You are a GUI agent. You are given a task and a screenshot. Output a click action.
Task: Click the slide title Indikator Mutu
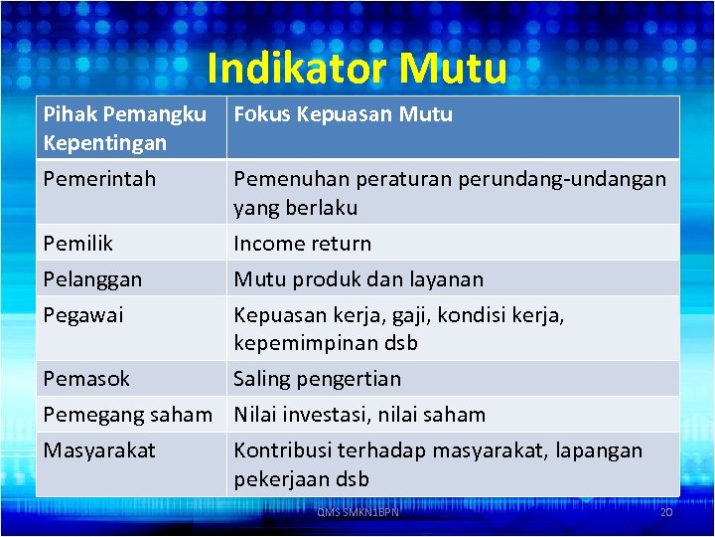tap(357, 69)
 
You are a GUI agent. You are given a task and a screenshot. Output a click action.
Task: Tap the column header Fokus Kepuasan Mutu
tap(343, 114)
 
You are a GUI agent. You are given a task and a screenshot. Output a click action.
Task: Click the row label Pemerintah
tap(99, 180)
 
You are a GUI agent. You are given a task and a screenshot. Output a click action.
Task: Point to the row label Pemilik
tap(78, 244)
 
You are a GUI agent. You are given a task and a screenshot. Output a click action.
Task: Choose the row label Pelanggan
tap(92, 279)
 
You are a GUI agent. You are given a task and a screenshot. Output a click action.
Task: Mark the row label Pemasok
tap(86, 379)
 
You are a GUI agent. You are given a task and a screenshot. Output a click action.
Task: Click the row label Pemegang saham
tap(128, 415)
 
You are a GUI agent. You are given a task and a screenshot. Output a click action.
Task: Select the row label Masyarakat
tap(99, 450)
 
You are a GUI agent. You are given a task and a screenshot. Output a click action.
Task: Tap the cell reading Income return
tap(302, 244)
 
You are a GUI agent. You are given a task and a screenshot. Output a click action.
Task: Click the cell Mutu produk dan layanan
tap(358, 279)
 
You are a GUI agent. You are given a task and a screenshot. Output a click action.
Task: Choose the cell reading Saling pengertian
tap(317, 379)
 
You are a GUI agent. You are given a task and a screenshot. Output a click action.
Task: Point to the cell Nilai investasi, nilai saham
tap(359, 415)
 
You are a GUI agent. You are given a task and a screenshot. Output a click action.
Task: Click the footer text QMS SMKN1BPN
tap(357, 512)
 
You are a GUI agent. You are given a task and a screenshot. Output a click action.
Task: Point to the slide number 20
tap(665, 511)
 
